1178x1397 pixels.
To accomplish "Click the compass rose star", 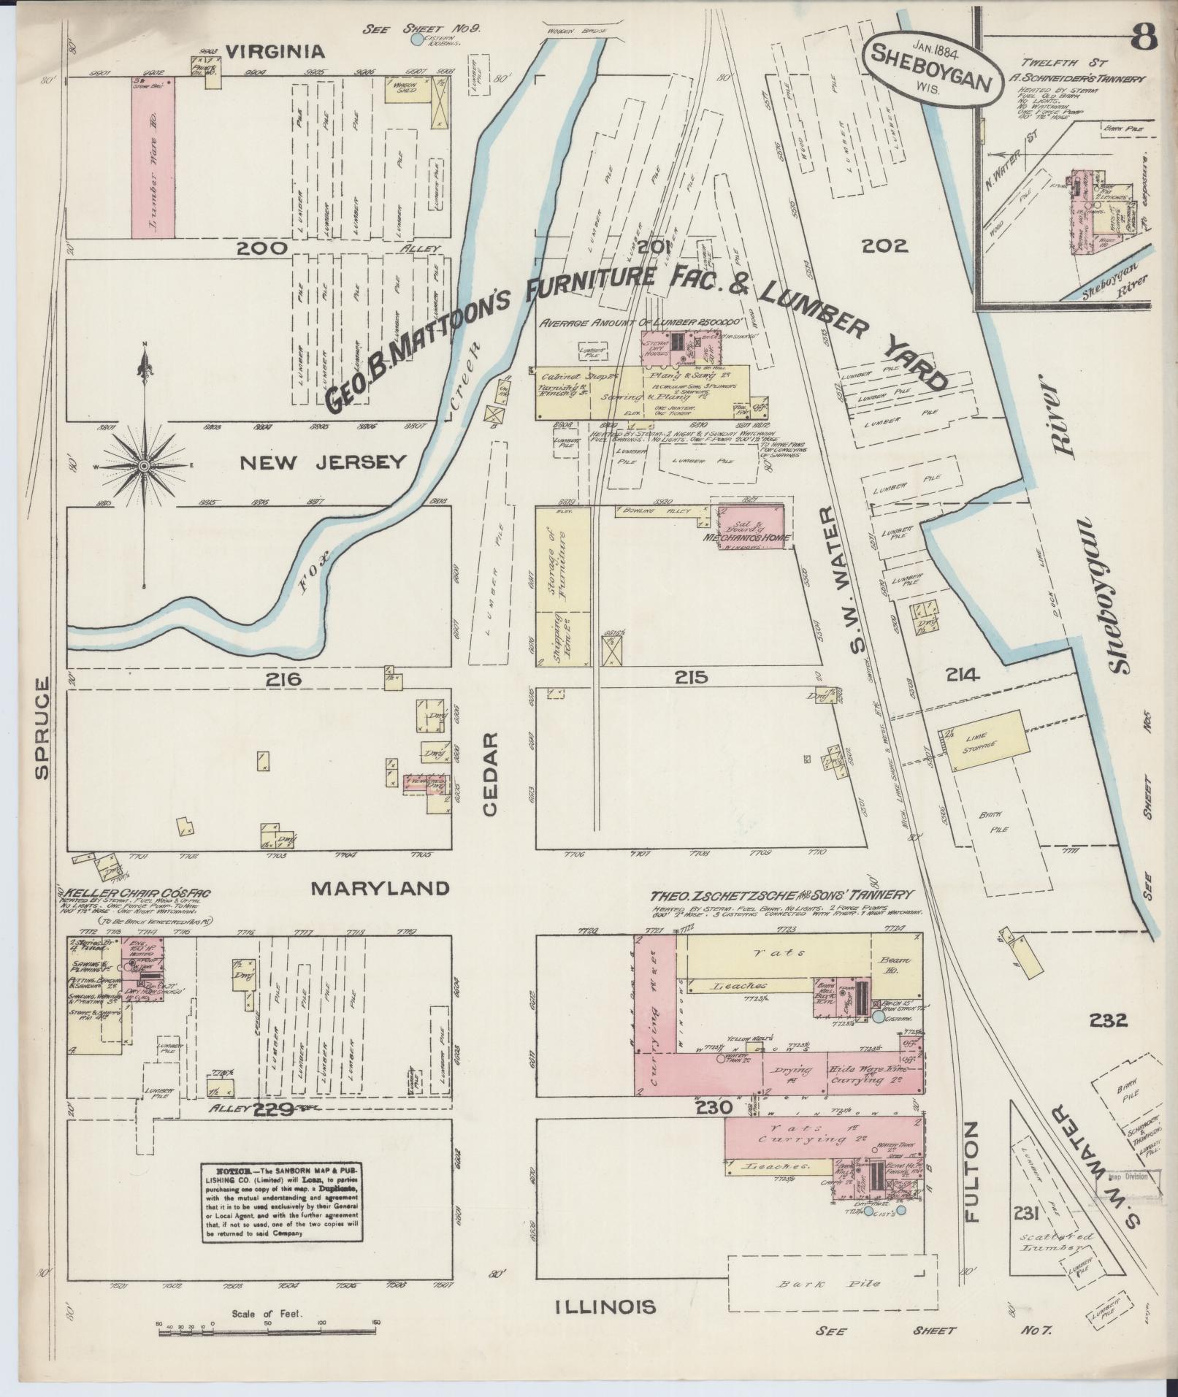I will tap(145, 466).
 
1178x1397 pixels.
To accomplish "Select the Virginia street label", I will tap(274, 51).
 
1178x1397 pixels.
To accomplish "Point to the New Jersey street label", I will tap(323, 462).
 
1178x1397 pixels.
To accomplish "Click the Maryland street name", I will tap(380, 888).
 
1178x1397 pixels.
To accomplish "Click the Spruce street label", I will tap(42, 728).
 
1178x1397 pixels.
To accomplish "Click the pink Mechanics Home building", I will tap(751, 524).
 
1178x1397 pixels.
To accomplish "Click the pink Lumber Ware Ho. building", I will tap(153, 158).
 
